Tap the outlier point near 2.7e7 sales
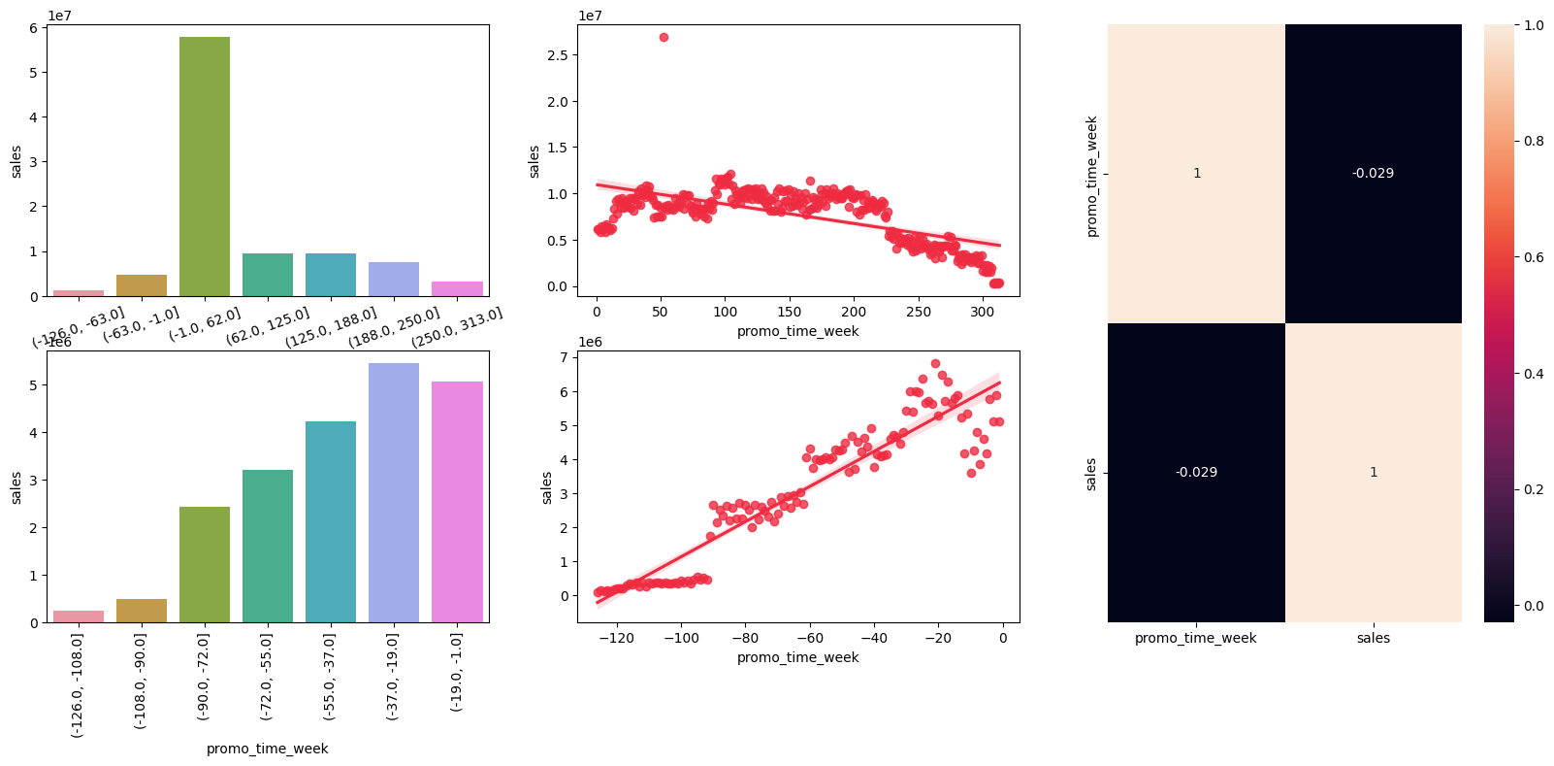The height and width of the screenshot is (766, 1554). click(664, 37)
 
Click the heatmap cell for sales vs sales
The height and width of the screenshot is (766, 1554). click(1373, 472)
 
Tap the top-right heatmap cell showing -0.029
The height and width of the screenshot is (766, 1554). click(1373, 173)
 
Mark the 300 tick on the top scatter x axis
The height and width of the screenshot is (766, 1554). click(983, 312)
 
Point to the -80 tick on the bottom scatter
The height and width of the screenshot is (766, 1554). click(745, 638)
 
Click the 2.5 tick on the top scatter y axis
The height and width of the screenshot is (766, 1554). click(557, 55)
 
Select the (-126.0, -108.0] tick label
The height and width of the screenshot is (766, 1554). click(78, 684)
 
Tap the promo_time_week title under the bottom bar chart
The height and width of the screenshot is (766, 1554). click(267, 749)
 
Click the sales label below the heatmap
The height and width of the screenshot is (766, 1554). click(1373, 638)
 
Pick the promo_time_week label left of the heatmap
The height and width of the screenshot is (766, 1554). click(1091, 176)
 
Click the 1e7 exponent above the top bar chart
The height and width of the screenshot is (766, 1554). click(59, 16)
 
